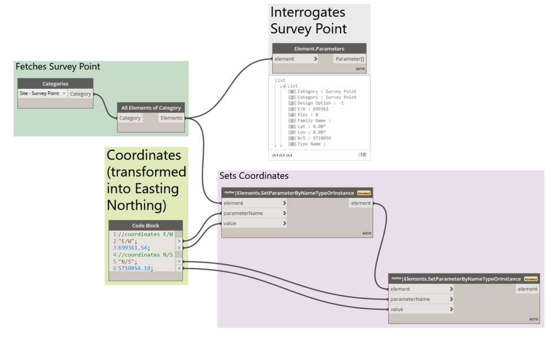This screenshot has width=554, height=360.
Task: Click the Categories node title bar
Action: [x=55, y=84]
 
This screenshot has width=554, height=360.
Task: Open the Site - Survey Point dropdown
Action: [x=42, y=94]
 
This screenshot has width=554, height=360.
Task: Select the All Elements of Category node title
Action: [x=151, y=108]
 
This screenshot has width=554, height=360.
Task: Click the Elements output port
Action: [x=172, y=118]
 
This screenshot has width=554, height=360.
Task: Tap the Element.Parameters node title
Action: [x=319, y=49]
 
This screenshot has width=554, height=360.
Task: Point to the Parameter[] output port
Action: [x=349, y=59]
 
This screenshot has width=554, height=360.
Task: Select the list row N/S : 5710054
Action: [x=316, y=138]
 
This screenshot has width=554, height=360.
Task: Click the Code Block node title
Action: [x=146, y=225]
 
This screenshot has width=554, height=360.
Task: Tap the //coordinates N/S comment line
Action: [x=146, y=255]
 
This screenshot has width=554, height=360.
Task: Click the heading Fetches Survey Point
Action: [x=58, y=67]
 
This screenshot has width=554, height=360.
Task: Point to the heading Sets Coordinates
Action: [x=254, y=176]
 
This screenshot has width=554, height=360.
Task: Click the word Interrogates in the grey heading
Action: [x=307, y=12]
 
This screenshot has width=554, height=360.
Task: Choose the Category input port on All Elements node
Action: [x=130, y=118]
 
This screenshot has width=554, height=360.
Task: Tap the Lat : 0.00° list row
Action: [x=312, y=126]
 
